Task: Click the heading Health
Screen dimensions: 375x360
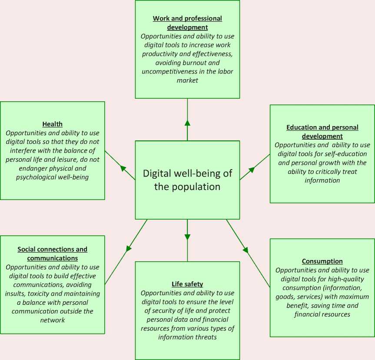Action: (52, 124)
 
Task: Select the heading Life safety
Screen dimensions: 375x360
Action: (187, 284)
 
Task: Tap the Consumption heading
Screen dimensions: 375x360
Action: (322, 261)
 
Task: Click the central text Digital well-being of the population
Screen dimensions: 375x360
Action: (187, 180)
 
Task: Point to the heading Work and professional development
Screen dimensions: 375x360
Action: (187, 23)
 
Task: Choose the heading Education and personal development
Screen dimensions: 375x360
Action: (322, 132)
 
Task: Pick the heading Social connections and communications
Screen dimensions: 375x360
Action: (52, 253)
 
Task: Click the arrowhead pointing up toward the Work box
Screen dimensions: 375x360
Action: (187, 123)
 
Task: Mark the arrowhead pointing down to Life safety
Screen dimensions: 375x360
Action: (187, 237)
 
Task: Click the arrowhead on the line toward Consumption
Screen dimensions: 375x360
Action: (246, 250)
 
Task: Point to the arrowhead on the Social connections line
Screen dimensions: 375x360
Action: (129, 249)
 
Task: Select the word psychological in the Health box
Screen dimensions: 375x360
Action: (37, 177)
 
